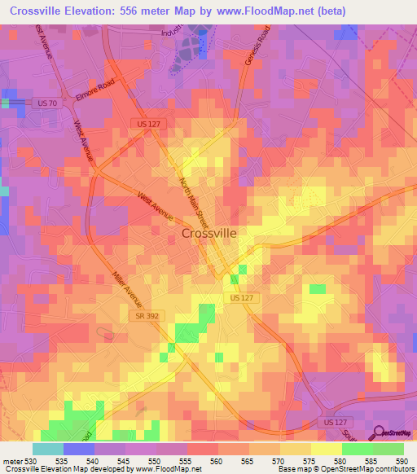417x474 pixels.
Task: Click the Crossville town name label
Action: pos(208,233)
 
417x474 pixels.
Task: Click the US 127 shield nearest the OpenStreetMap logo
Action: pos(327,424)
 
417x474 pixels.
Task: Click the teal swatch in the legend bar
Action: pos(47,449)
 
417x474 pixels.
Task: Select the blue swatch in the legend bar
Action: pos(79,449)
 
